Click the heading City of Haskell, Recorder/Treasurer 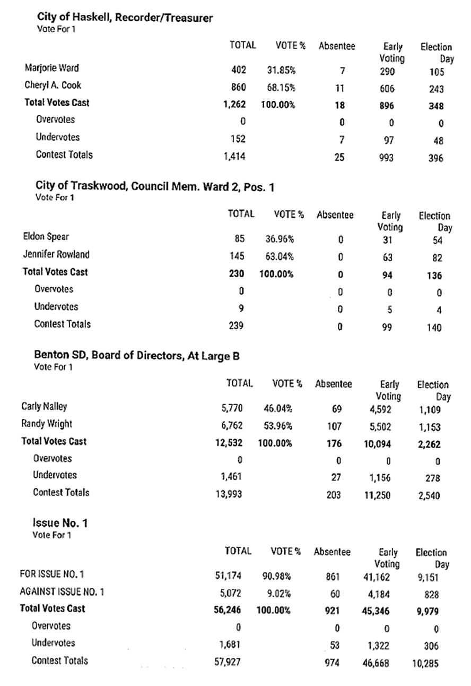pos(125,18)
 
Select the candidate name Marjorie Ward pos(51,68)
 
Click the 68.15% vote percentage pos(281,87)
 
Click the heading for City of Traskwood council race pos(155,186)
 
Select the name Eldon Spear pos(46,237)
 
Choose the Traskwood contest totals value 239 pos(236,325)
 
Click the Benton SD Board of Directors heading pos(137,356)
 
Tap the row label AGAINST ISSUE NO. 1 pos(62,591)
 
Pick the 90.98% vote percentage pos(276,576)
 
